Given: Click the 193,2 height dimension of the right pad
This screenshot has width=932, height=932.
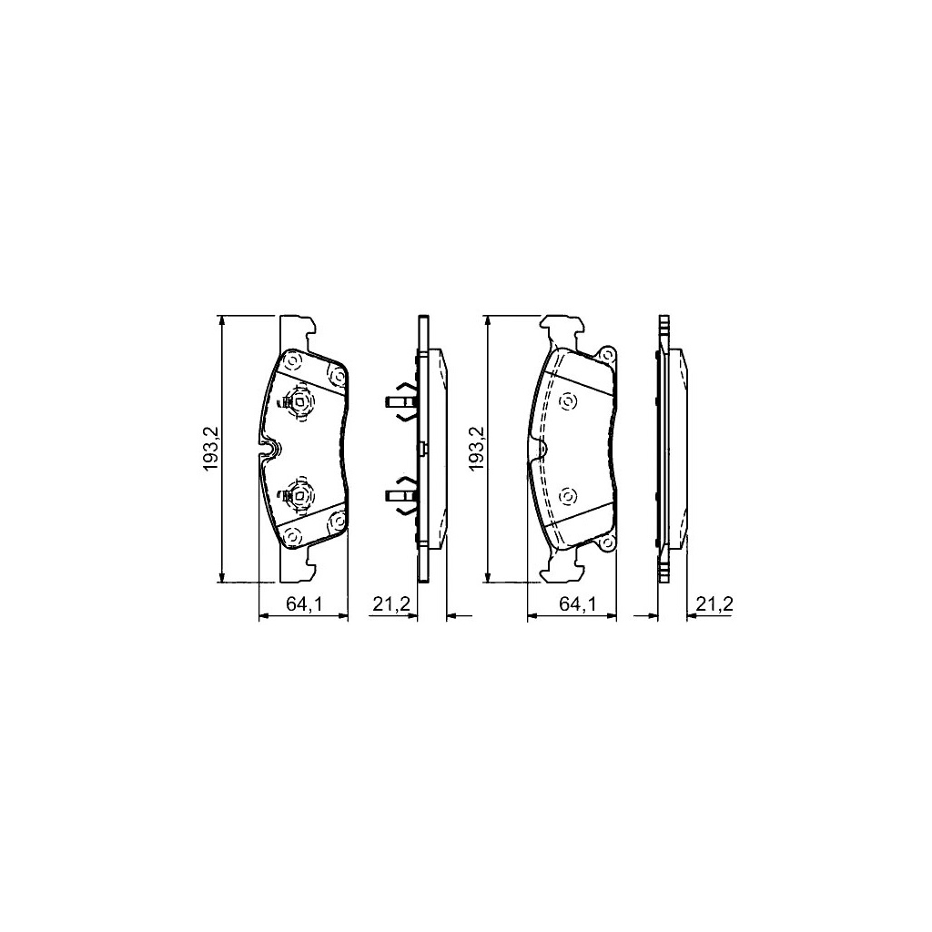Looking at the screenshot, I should [475, 449].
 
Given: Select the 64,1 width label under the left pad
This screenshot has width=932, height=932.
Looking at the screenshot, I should [305, 603].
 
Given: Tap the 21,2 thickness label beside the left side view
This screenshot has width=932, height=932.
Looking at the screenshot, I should [392, 603].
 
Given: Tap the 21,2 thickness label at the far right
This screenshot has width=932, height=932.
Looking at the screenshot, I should [714, 603].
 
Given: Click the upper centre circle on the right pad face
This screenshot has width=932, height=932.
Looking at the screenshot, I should [569, 400].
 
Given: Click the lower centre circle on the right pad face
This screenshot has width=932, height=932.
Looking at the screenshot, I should [569, 496].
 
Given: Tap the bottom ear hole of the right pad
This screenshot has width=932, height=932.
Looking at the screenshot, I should [606, 543].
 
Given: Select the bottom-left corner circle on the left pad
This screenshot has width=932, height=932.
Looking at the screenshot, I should [292, 537].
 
